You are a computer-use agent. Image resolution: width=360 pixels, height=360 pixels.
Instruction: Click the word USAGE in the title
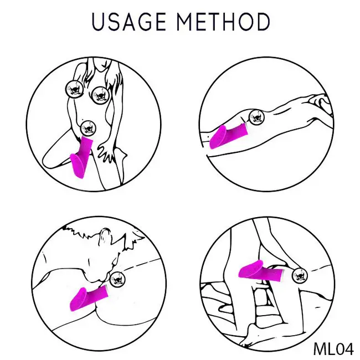point(128,22)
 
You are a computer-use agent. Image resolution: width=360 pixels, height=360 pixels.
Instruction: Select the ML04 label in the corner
point(333,349)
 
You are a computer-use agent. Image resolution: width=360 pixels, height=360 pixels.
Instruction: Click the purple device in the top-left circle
point(81,156)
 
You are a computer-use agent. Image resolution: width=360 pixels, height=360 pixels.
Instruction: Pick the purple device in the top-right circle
point(228,136)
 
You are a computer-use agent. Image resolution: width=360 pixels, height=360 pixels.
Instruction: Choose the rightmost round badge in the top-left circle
point(100,95)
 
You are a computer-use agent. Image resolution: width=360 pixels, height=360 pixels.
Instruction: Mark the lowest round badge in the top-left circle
point(88,128)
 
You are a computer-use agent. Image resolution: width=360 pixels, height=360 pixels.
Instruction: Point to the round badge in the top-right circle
point(256,117)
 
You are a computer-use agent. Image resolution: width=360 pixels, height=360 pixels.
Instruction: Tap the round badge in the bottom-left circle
point(117,279)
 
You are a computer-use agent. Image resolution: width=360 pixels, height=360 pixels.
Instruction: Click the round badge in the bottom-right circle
point(300,275)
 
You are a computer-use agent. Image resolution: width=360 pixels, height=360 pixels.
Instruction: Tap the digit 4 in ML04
point(348,349)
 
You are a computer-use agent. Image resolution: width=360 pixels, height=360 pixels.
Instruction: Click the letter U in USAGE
point(98,22)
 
